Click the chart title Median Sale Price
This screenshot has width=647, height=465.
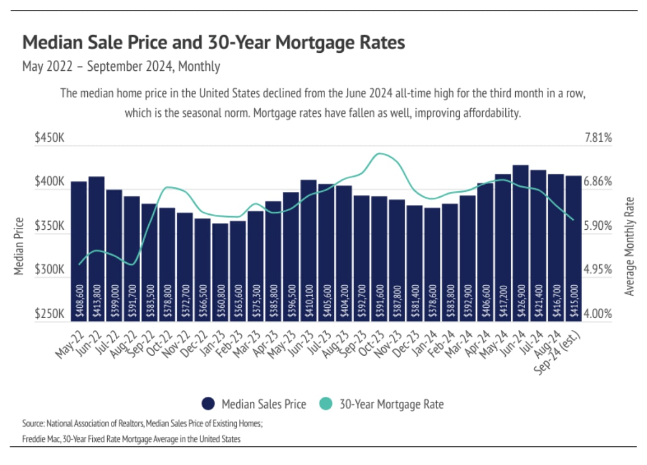(214, 43)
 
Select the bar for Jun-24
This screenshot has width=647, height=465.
(521, 242)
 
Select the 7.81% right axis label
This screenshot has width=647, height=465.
(598, 138)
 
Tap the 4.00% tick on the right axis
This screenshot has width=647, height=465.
(598, 314)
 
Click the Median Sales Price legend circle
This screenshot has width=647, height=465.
(208, 404)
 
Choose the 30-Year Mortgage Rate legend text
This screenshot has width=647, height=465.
(391, 405)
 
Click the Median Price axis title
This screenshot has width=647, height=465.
(19, 246)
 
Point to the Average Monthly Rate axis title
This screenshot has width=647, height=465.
(629, 246)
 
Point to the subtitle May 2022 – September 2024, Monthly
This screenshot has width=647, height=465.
(121, 67)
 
